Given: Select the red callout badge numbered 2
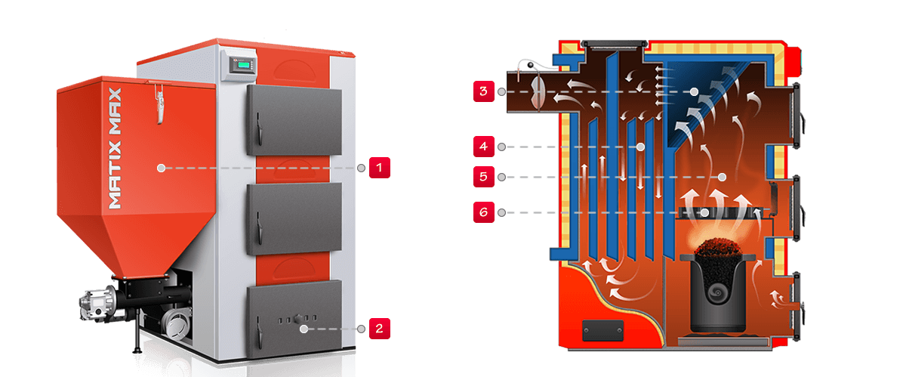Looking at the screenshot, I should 379,329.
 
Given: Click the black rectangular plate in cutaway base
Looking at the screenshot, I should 602,329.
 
